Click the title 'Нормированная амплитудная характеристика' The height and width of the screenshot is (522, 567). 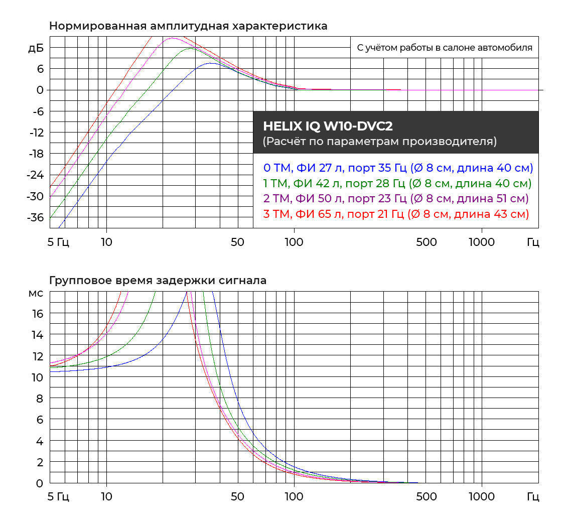(x=188, y=26)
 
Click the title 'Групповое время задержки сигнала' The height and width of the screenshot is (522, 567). (x=158, y=281)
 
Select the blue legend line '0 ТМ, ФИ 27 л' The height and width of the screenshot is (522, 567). (x=398, y=168)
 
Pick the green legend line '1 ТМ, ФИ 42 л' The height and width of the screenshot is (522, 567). (x=397, y=183)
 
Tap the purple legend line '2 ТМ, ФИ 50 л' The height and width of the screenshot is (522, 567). (x=396, y=199)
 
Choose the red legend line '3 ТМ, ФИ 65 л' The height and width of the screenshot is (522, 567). (x=396, y=214)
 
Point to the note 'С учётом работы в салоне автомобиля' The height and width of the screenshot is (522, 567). (x=444, y=48)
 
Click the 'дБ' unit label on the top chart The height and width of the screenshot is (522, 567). (x=36, y=48)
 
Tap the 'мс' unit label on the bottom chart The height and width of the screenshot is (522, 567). (x=36, y=293)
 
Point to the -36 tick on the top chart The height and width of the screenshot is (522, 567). (x=35, y=217)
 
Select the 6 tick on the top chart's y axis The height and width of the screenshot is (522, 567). (x=39, y=68)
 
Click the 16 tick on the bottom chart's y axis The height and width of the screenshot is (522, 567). (x=38, y=314)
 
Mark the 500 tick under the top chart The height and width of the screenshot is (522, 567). (x=427, y=242)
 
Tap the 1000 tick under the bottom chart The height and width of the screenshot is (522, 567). (x=482, y=497)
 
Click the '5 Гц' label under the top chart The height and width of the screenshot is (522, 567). (x=58, y=242)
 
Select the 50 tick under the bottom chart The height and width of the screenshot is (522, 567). (x=237, y=497)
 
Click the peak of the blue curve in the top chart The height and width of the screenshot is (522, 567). (x=211, y=63)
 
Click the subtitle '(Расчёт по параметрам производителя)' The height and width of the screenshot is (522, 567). (x=380, y=142)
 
